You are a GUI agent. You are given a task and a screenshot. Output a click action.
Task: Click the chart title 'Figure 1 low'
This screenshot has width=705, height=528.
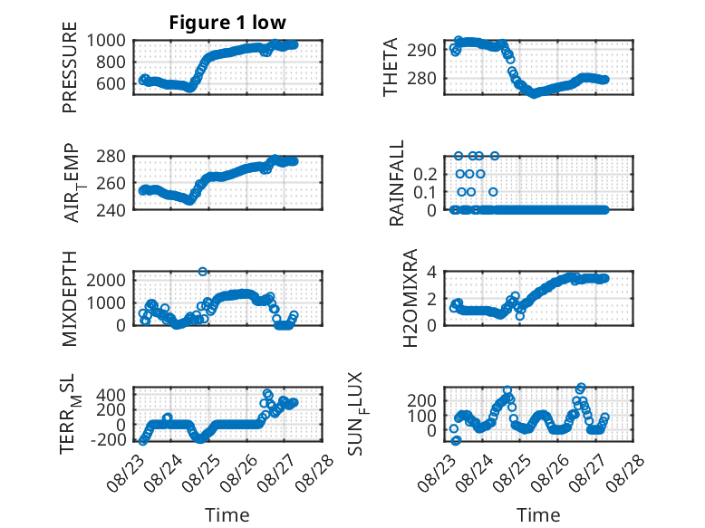click(227, 23)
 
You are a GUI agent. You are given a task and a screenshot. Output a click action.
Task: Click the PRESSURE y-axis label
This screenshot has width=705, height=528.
click(70, 67)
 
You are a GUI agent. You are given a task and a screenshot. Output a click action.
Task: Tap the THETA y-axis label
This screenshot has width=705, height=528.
click(391, 67)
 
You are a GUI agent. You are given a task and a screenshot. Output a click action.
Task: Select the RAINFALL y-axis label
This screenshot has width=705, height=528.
click(397, 183)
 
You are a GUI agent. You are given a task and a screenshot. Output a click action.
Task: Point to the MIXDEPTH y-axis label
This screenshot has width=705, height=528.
click(70, 299)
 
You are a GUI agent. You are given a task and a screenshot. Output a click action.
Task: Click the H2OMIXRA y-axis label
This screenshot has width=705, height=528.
click(410, 298)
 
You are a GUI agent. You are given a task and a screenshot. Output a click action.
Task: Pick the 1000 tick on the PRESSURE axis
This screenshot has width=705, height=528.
click(106, 41)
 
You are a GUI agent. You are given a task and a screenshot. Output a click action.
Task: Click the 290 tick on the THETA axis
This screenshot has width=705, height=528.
click(421, 51)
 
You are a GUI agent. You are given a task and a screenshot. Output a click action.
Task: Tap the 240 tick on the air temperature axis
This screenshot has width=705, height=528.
click(111, 210)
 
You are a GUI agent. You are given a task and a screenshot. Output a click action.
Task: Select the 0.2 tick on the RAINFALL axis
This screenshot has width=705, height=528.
click(425, 174)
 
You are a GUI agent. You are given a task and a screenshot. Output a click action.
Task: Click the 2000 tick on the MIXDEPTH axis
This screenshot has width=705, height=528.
click(106, 281)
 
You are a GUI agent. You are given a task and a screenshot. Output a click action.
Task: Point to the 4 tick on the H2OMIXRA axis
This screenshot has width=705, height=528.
click(431, 272)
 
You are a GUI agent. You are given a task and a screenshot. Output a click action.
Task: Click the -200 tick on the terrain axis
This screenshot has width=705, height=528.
click(109, 439)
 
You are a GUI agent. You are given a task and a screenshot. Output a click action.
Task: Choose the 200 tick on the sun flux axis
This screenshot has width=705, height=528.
click(421, 400)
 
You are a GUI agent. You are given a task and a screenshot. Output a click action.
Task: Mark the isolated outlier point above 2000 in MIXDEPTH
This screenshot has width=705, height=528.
click(203, 272)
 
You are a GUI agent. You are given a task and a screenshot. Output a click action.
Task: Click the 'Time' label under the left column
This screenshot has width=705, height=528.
click(227, 514)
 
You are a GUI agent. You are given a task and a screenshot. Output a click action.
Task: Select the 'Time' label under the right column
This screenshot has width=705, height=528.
click(538, 514)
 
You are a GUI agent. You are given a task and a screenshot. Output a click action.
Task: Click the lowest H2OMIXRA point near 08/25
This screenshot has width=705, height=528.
click(520, 316)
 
